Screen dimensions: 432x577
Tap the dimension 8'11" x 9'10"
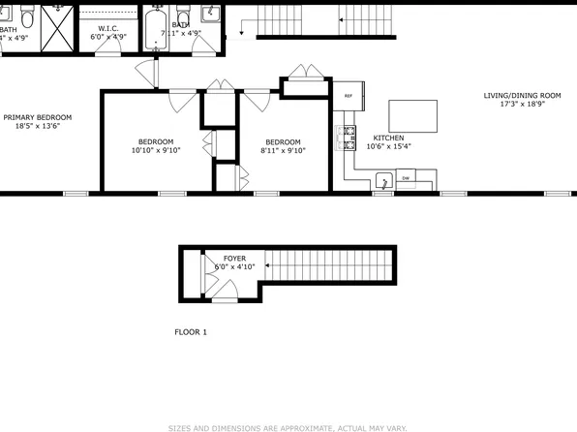[284, 150]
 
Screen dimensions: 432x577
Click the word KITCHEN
[388, 139]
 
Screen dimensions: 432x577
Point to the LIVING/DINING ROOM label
[523, 95]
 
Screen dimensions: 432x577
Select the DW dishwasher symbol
[406, 178]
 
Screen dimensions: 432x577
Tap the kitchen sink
[383, 180]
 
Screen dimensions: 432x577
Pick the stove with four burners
[347, 139]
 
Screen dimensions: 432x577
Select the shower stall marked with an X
[59, 26]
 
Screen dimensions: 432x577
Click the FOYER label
[234, 259]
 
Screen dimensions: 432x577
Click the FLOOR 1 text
[191, 332]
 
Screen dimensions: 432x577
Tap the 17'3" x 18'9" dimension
[523, 105]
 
